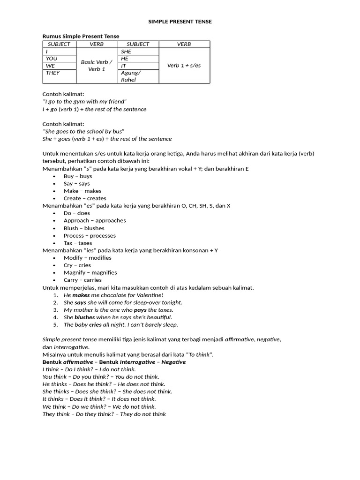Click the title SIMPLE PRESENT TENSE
pyautogui.click(x=180, y=22)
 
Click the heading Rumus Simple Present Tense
pyautogui.click(x=81, y=36)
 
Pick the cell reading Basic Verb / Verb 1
pyautogui.click(x=97, y=66)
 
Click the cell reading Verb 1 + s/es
pyautogui.click(x=184, y=66)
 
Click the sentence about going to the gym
pyautogui.click(x=84, y=102)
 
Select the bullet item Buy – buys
pyautogui.click(x=78, y=176)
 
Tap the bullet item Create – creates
pyautogui.click(x=85, y=198)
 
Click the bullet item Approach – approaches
pyautogui.click(x=95, y=220)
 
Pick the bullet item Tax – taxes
pyautogui.click(x=78, y=243)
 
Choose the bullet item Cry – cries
pyautogui.click(x=77, y=265)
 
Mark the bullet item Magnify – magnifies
pyautogui.click(x=90, y=273)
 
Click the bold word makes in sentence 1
pyautogui.click(x=81, y=295)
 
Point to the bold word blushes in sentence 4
pyautogui.click(x=84, y=317)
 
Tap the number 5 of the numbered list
pyautogui.click(x=55, y=325)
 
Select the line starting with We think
pyautogui.click(x=99, y=407)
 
